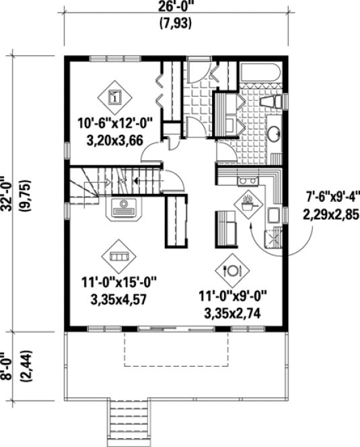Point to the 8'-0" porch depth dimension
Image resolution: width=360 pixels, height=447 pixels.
(x=8, y=364)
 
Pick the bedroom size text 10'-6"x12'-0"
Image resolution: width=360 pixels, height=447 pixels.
(x=116, y=123)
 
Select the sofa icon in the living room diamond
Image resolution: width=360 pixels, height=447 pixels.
(x=118, y=256)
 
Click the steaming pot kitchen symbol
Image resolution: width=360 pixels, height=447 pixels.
(x=248, y=202)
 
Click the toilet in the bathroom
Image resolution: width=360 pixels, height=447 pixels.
(x=272, y=102)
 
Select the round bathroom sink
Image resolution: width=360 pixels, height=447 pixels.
(x=275, y=133)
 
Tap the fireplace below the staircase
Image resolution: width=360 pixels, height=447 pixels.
(x=126, y=208)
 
